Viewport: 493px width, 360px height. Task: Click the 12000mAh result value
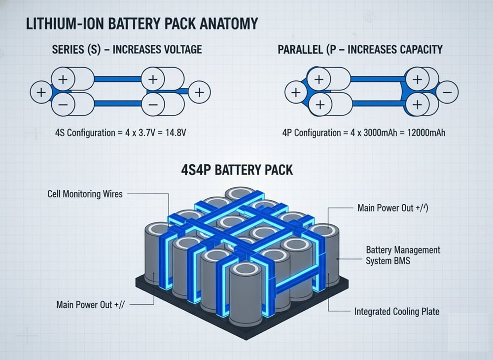(423, 133)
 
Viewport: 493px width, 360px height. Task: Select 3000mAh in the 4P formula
(378, 133)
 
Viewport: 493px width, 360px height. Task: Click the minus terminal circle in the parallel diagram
(447, 92)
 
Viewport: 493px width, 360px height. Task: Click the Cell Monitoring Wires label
(84, 194)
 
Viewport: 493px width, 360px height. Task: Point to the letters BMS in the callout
(401, 260)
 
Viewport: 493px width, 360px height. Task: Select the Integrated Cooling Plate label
(396, 312)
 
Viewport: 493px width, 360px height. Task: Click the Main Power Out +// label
(92, 304)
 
